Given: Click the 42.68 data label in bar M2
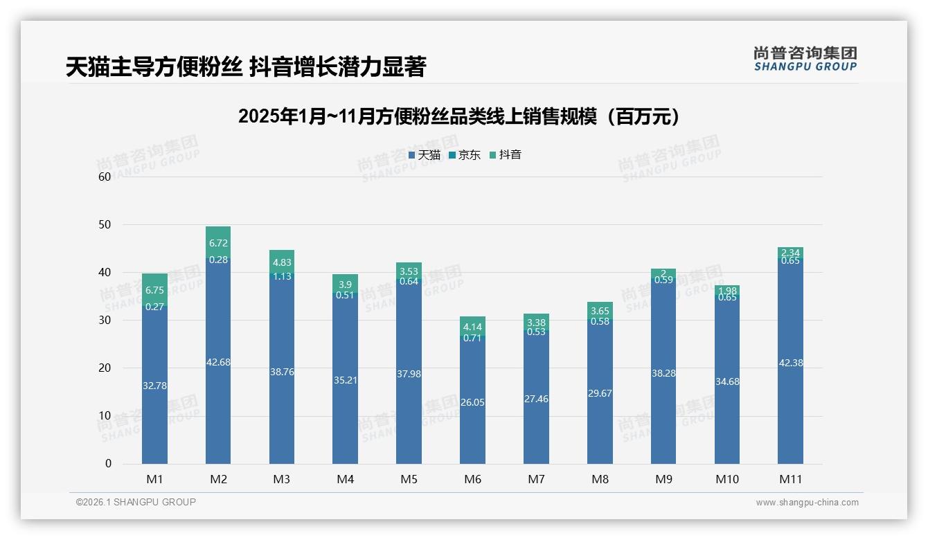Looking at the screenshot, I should (x=218, y=362).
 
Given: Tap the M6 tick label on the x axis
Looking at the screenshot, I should (x=473, y=479).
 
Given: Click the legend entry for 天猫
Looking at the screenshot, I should (x=425, y=155).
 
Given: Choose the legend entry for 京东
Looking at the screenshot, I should (x=465, y=155).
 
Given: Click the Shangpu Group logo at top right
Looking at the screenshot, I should (x=805, y=58).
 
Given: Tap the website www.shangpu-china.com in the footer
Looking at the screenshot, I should (x=807, y=503).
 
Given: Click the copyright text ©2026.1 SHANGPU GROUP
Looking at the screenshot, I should (x=136, y=502).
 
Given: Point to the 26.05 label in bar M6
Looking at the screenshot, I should (x=473, y=402).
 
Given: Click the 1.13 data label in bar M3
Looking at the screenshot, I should (x=282, y=276).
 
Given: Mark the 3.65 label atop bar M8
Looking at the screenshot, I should (x=600, y=311).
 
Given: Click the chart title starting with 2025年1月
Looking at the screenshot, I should (x=458, y=116).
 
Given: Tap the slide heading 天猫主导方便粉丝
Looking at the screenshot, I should (x=245, y=66).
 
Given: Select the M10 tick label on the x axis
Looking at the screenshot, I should (x=727, y=479).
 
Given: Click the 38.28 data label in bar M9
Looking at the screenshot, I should (x=663, y=373).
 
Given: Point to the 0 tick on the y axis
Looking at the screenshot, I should (x=108, y=464).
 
